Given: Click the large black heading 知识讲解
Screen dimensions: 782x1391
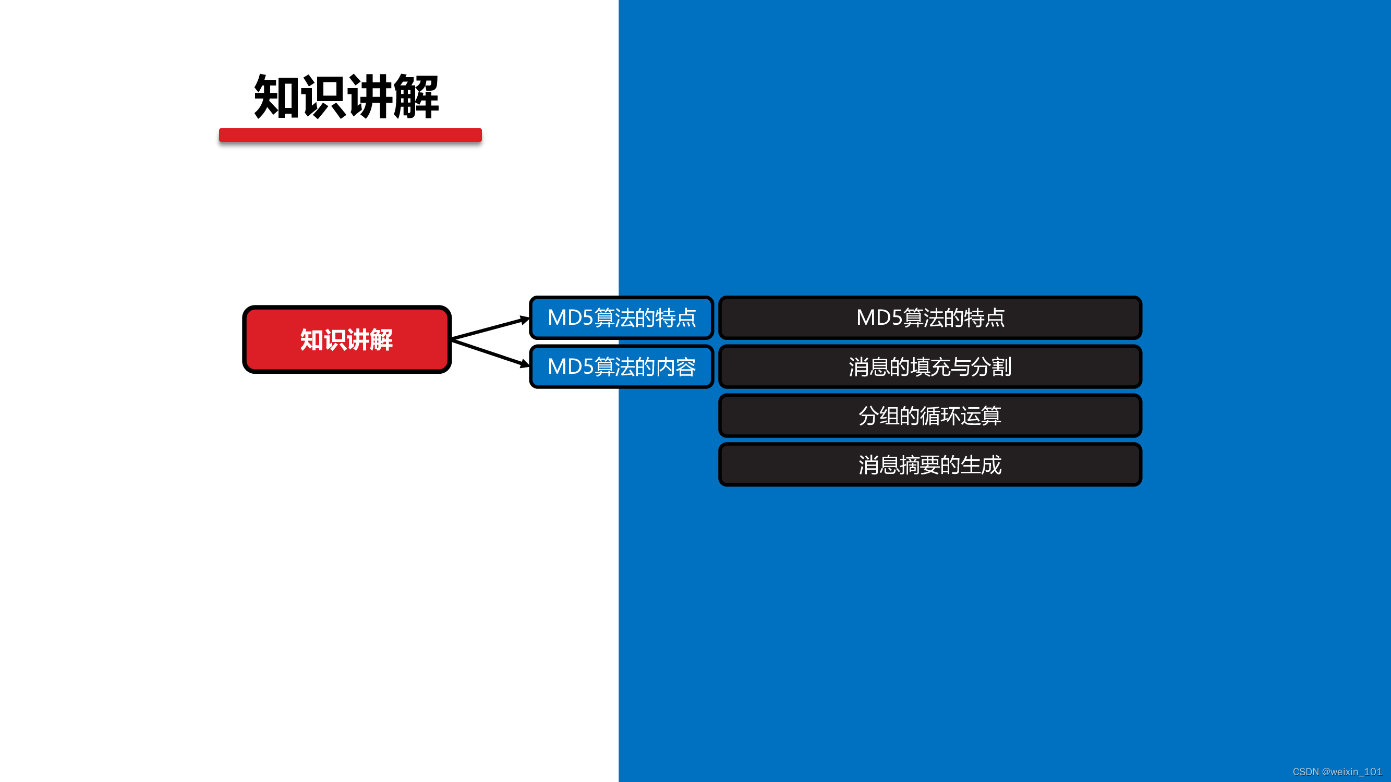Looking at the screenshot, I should coord(346,97).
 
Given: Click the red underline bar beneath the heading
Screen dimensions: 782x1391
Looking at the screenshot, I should coord(350,135).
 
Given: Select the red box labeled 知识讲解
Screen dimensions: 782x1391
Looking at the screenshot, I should coord(347,339).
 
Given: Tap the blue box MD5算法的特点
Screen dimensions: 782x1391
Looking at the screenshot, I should coord(622,317).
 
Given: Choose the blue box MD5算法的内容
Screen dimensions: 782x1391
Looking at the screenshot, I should coord(622,366).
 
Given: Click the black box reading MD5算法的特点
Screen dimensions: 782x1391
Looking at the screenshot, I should coord(930,317).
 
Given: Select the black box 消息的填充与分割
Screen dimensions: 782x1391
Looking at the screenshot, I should coord(930,366).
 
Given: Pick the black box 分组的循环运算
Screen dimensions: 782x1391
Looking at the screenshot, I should coord(930,416).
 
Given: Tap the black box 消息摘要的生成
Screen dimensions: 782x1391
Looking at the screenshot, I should coord(930,465).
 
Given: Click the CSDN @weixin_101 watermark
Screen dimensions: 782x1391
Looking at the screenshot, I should coord(1336,772).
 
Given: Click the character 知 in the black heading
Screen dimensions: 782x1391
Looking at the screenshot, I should coord(276,97).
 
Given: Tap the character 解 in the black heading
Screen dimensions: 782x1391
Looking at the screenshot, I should coord(416,97).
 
